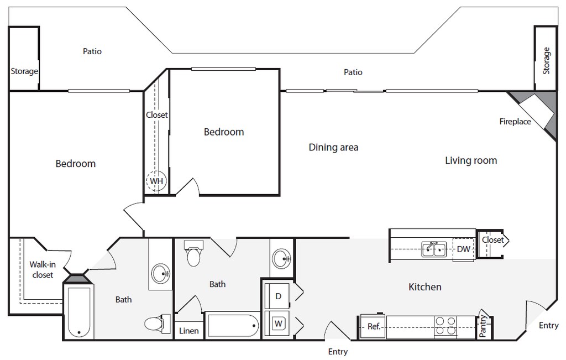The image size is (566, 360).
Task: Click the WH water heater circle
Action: point(156,181)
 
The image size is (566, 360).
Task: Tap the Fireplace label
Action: point(515,122)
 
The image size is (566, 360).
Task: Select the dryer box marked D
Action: point(279,296)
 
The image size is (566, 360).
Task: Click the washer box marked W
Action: point(279,322)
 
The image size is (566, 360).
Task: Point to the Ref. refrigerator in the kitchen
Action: point(374,326)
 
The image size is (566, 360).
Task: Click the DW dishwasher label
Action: point(463,249)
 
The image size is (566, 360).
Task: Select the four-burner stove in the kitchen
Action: point(446,326)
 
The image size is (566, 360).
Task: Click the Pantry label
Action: point(484,326)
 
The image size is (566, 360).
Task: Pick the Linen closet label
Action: point(189,331)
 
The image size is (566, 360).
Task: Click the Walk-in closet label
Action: point(42,269)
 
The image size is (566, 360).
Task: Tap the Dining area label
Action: point(333,147)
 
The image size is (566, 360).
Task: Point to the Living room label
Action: point(471,160)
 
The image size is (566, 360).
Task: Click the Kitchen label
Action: point(424,286)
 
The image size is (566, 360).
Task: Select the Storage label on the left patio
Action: point(24,71)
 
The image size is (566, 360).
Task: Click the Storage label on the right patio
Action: point(546,61)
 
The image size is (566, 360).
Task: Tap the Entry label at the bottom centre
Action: point(338,351)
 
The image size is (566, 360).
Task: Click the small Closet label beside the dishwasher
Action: point(492,240)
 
